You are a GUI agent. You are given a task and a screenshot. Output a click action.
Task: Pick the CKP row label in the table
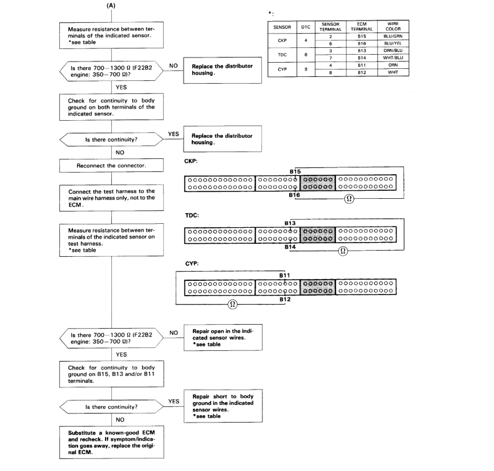point(282,39)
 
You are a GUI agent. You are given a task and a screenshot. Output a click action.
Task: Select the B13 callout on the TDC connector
point(290,223)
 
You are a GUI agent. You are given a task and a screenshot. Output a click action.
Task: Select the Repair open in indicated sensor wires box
point(218,340)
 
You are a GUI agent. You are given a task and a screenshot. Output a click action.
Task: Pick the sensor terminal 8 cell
point(331,72)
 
